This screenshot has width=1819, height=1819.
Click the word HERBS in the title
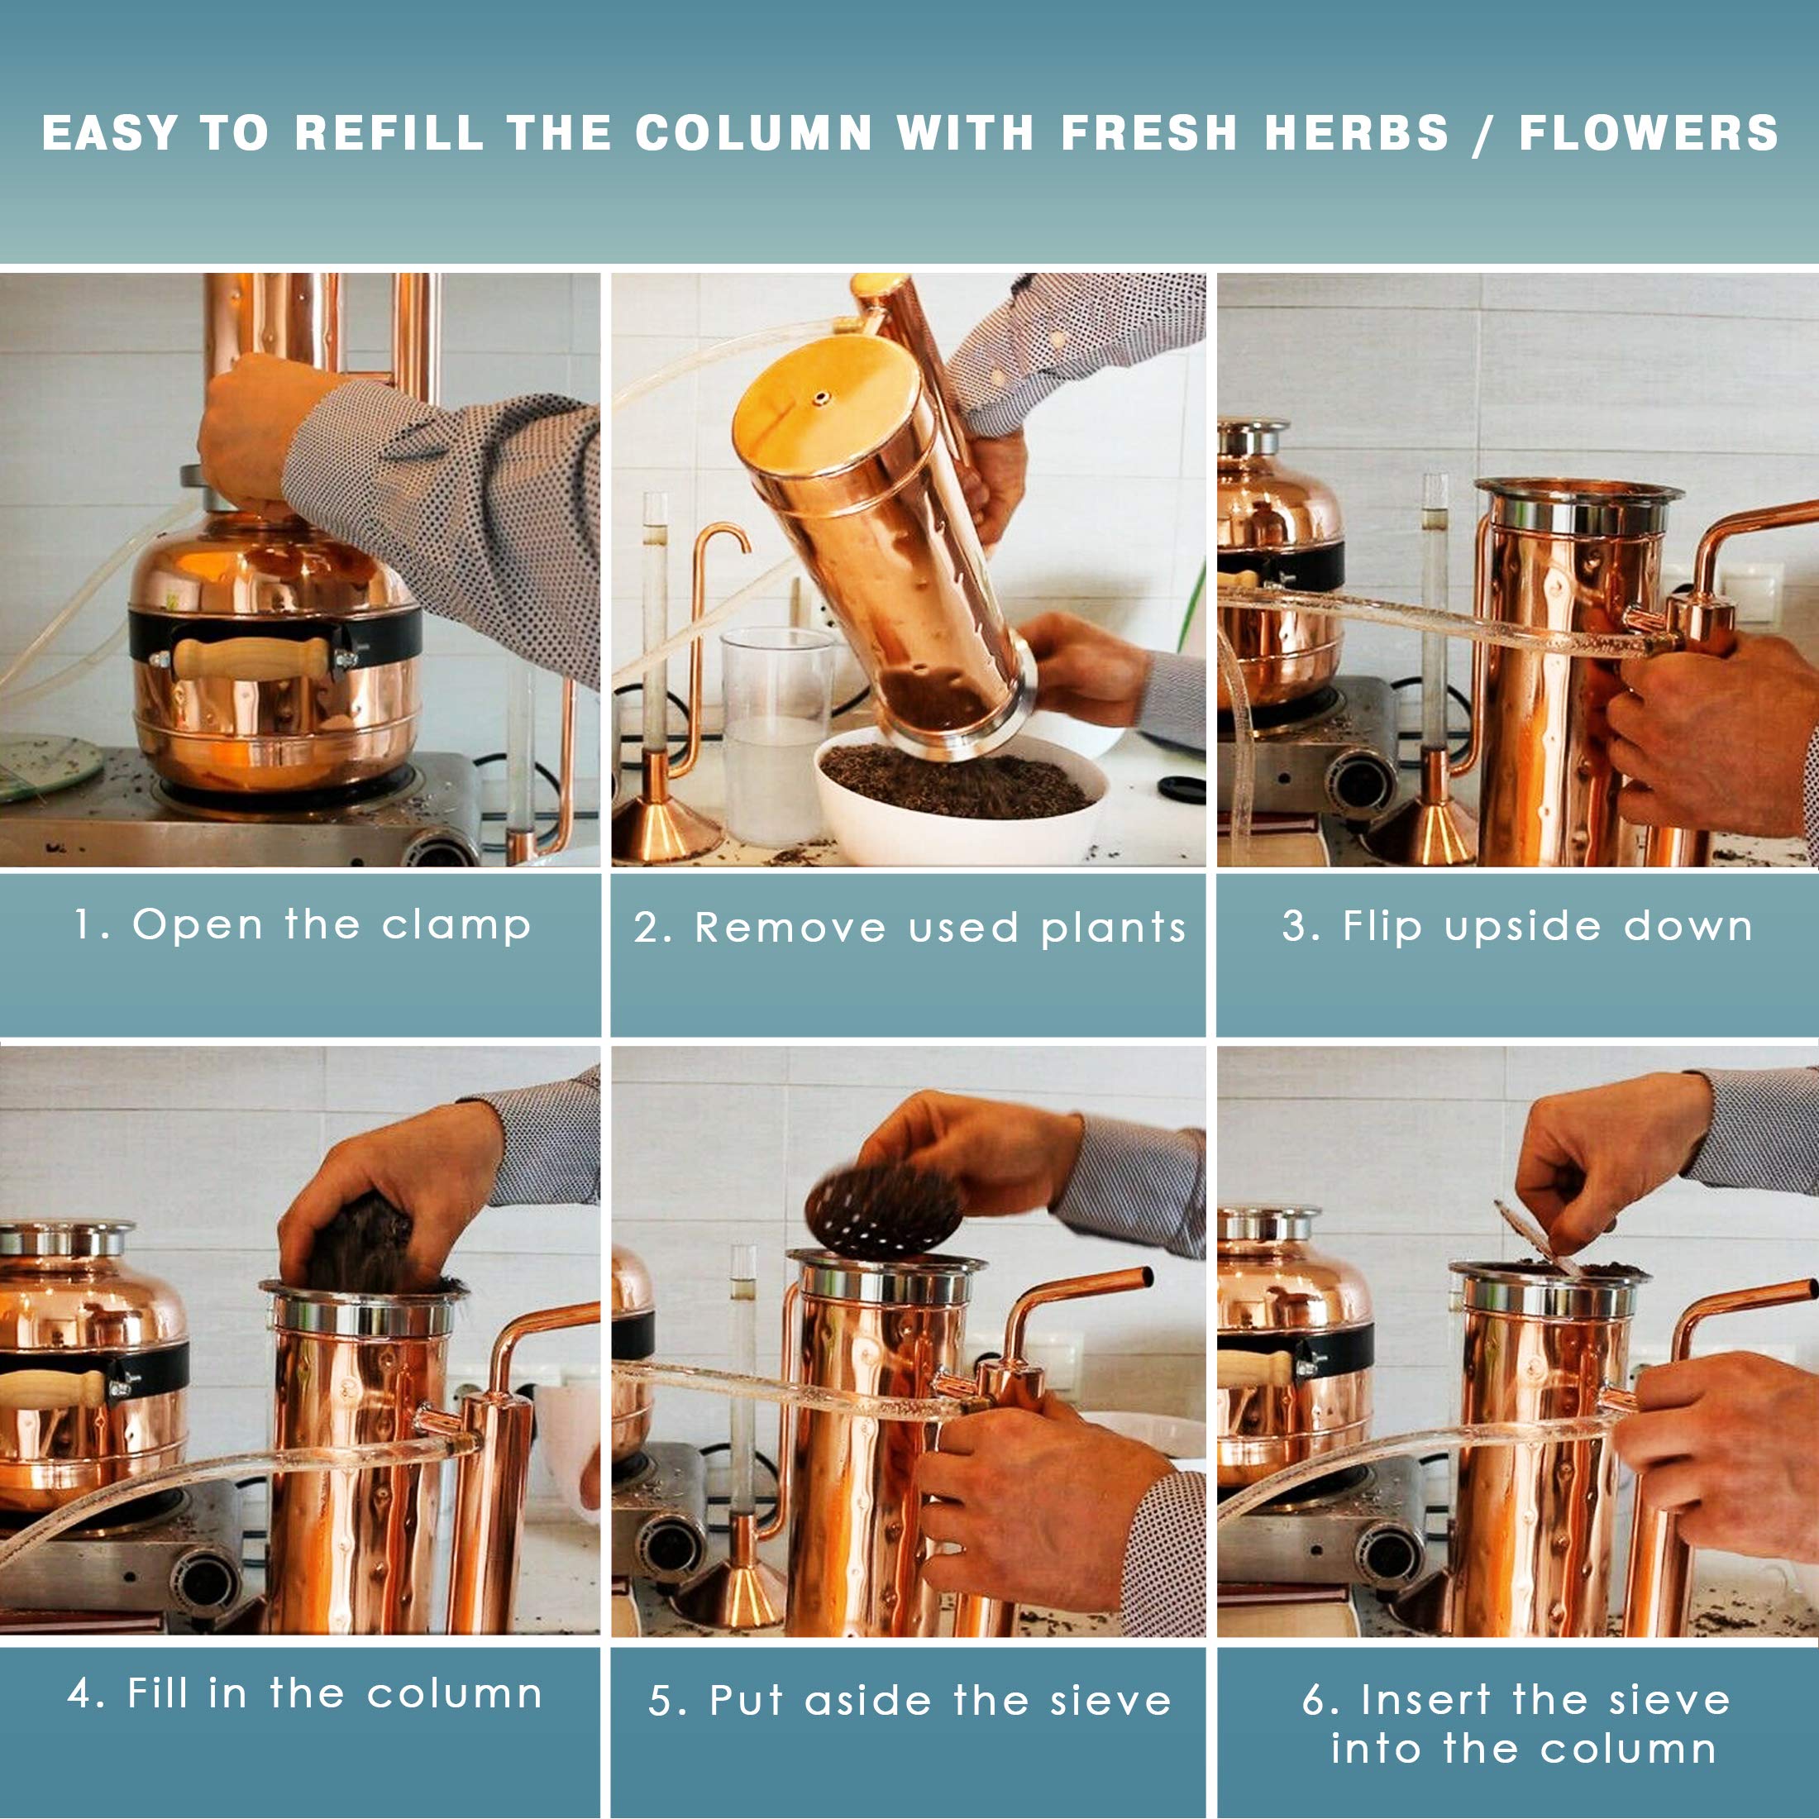(1356, 133)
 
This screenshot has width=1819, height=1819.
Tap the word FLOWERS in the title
(1649, 133)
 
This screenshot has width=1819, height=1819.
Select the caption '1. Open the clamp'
(303, 924)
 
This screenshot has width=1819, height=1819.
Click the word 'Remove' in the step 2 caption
(791, 929)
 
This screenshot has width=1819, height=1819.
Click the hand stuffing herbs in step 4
(395, 1186)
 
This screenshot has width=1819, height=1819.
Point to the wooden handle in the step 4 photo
(52, 1390)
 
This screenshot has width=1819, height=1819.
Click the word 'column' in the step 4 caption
(455, 1694)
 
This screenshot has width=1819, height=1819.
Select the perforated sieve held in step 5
(882, 1210)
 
